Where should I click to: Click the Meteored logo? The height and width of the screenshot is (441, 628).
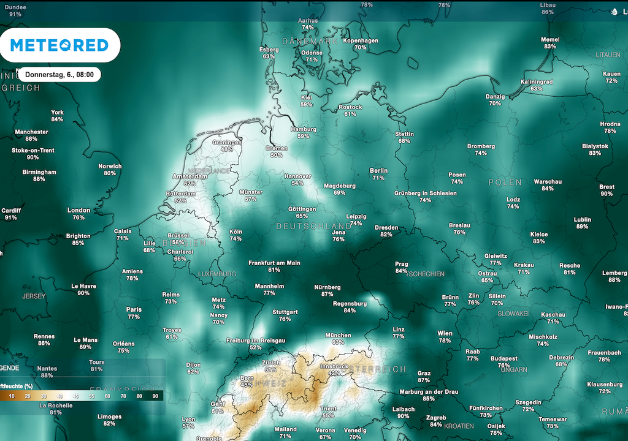[x=59, y=45]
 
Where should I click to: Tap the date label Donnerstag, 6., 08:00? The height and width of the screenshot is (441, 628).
[x=59, y=75]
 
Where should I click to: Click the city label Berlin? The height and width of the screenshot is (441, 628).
[x=378, y=171]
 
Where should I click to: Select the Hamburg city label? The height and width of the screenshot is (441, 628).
[x=303, y=129]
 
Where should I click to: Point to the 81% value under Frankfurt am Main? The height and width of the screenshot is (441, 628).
[x=274, y=269]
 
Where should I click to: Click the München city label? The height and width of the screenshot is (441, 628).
[x=338, y=335]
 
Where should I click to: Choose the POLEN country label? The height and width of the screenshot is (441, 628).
[x=505, y=183]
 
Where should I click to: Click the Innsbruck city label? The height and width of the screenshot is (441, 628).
[x=334, y=366]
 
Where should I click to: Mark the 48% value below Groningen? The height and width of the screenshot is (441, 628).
[x=227, y=149]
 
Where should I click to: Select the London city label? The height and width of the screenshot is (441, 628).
[x=78, y=210]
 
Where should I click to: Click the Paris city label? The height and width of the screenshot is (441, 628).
[x=134, y=309]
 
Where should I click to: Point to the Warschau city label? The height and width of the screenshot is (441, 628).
[x=548, y=181]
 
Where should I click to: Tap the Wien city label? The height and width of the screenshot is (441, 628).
[x=445, y=333]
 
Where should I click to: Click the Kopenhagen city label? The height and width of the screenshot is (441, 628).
[x=360, y=40]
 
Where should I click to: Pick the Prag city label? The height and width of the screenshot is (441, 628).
[x=401, y=264]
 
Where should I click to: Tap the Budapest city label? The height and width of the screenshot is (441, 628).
[x=486, y=358]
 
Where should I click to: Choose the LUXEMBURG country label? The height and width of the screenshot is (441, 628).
[x=218, y=274]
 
